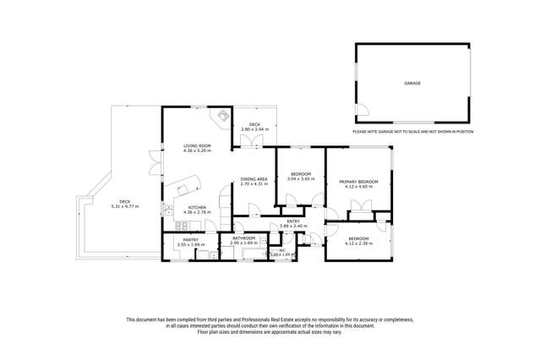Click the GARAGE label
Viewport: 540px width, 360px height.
pos(412,83)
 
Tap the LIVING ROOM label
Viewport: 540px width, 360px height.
pos(197,146)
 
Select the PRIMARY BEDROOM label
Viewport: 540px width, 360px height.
pos(358,182)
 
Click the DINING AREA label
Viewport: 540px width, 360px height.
pos(254,178)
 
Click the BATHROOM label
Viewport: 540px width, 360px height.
pos(244,239)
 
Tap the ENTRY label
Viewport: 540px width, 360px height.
pos(292,221)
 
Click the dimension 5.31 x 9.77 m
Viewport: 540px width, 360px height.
pos(124,206)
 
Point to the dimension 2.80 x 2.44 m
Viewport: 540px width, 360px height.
pos(254,129)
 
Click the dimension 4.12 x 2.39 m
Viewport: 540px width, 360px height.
pos(358,243)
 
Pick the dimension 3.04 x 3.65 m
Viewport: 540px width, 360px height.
pos(300,179)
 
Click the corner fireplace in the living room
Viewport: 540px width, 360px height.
pos(223,117)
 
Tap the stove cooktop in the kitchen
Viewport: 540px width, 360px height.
pos(181,226)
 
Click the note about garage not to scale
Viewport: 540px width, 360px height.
pos(412,132)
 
